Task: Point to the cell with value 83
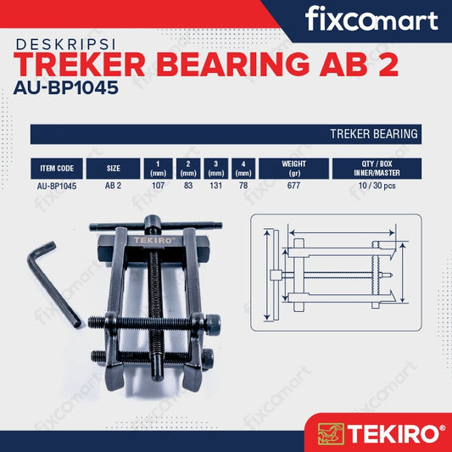[189, 185]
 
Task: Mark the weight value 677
[295, 185]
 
